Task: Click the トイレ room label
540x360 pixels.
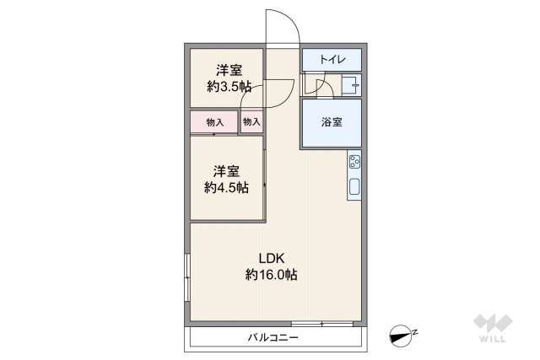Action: (x=332, y=60)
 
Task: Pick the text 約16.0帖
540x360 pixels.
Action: (x=271, y=274)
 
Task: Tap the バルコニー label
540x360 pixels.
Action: (x=273, y=337)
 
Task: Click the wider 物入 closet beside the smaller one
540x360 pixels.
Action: (x=214, y=122)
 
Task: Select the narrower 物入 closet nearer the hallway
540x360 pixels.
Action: (x=251, y=122)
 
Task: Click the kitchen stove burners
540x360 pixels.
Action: (x=354, y=163)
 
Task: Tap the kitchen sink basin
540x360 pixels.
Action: (x=354, y=186)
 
